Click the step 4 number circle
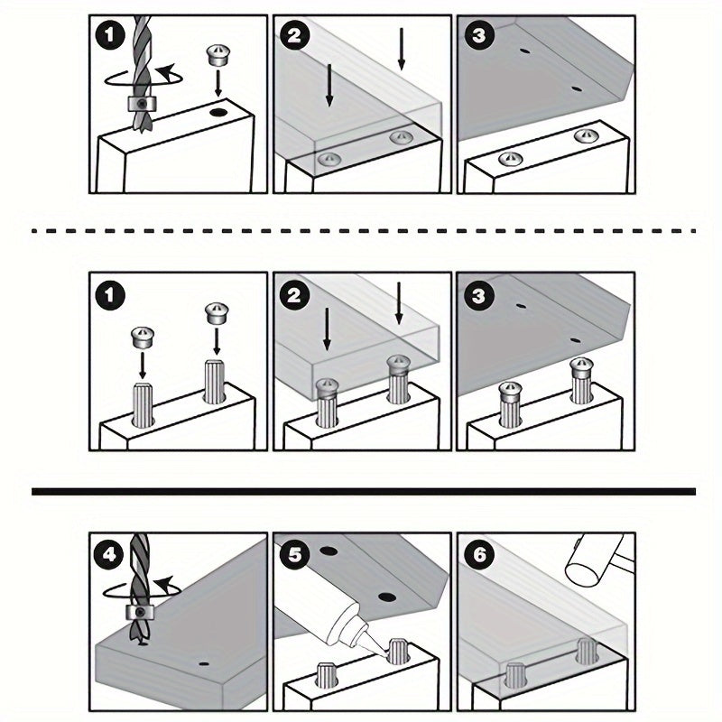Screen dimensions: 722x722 pyautogui.click(x=109, y=554)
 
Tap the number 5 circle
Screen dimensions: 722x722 pyautogui.click(x=294, y=554)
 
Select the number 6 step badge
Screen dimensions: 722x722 pyautogui.click(x=479, y=554)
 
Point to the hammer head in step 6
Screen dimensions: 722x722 pyautogui.click(x=594, y=559)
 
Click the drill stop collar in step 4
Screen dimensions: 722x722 pyautogui.click(x=140, y=613)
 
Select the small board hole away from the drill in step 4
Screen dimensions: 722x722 pyautogui.click(x=204, y=664)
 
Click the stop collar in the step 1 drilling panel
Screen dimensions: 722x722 pyautogui.click(x=142, y=105)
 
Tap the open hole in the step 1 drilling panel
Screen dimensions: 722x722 pyautogui.click(x=218, y=112)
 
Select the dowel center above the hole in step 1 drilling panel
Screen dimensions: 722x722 pyautogui.click(x=218, y=55)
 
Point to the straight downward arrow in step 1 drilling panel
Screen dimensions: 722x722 pyautogui.click(x=218, y=83)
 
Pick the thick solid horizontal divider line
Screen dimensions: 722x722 pyautogui.click(x=364, y=492)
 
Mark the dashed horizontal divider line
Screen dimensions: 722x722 pyautogui.click(x=364, y=231)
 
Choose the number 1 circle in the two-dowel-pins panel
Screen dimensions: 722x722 pyautogui.click(x=109, y=295)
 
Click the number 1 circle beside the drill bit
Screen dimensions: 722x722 pyautogui.click(x=109, y=35)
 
